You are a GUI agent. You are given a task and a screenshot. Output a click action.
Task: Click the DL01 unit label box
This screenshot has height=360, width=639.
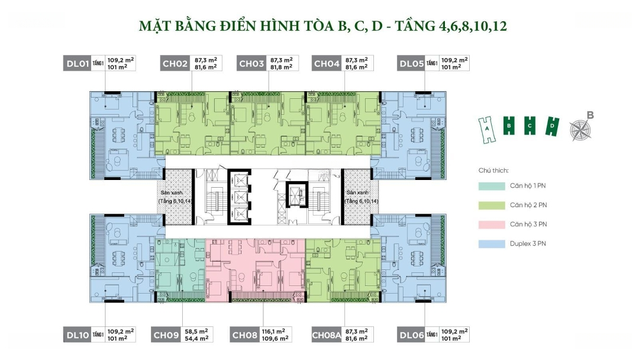(x=77, y=63)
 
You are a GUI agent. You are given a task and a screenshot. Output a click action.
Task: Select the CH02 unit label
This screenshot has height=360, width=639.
(x=174, y=63)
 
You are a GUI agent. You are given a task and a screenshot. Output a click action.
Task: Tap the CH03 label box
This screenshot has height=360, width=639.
(x=251, y=63)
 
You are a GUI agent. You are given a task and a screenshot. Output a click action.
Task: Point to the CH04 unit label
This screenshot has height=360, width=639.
(x=327, y=63)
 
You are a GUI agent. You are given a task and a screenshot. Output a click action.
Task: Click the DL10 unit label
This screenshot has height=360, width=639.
(x=77, y=335)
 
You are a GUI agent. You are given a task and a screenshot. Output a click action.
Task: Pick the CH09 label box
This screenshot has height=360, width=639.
(x=166, y=335)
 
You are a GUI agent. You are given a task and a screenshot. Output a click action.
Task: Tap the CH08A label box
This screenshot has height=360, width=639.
(x=327, y=335)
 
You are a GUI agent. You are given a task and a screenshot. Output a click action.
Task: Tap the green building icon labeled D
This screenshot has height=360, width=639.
(x=552, y=126)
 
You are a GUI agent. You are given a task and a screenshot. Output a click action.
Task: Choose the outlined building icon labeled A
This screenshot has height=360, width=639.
(x=486, y=127)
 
